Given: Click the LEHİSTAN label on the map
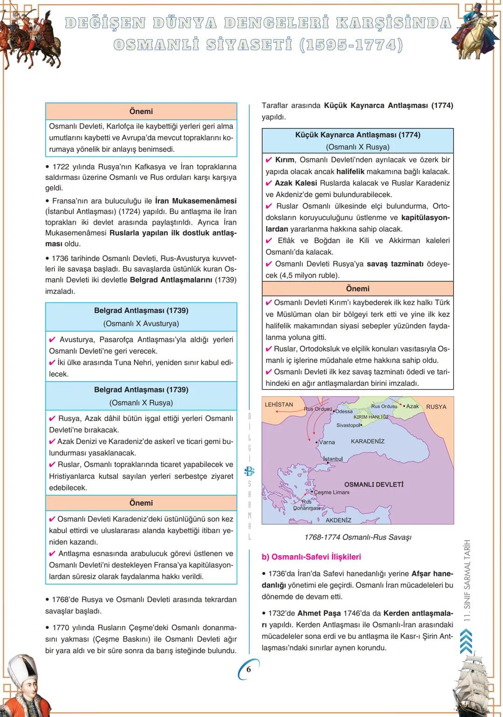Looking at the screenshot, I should [279, 404].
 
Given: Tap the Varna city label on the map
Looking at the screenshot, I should [326, 442].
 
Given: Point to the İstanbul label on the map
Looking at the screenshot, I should [333, 459].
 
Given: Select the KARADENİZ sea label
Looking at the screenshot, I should [367, 441].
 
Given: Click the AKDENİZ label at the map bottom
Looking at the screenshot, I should [338, 520].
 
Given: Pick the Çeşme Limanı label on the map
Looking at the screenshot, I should [332, 492].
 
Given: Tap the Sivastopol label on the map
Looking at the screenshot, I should [348, 425].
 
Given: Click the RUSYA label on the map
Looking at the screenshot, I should [436, 407].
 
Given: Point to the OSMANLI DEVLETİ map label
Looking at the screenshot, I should [374, 485].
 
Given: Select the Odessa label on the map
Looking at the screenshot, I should [344, 411].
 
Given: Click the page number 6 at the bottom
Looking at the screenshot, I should [249, 669].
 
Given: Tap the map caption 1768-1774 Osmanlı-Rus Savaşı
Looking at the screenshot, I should [358, 537].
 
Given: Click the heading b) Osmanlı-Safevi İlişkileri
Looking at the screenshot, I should [311, 557].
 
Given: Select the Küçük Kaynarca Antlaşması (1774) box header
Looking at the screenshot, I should [358, 135].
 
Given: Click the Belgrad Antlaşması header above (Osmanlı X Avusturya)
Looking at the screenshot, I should [141, 310].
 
